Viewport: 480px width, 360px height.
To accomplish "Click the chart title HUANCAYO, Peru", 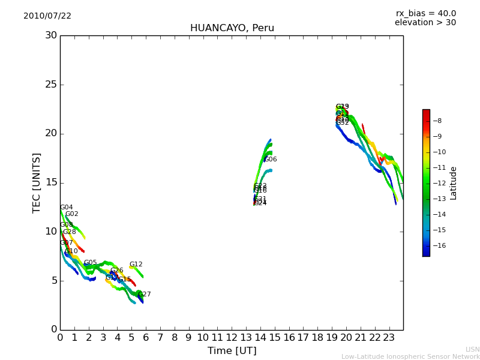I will (232, 28).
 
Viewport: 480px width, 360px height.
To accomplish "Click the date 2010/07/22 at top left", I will (47, 16).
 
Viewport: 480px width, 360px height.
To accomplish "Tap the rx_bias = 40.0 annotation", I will (425, 14).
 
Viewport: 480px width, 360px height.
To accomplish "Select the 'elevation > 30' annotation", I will (425, 23).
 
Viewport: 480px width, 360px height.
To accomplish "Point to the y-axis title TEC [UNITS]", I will (37, 182).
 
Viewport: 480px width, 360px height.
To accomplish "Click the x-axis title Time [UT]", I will (232, 351).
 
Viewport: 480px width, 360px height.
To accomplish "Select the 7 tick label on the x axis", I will (160, 338).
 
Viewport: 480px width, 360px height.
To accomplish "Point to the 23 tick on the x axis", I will (389, 338).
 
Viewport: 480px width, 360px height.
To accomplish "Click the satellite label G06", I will (271, 160).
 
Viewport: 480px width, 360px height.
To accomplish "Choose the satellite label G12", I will (136, 265).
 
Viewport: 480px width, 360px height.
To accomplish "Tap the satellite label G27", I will (145, 295).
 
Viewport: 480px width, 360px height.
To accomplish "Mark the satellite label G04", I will (66, 208).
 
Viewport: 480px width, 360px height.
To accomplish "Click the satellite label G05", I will (90, 263).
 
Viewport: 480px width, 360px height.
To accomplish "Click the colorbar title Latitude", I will (454, 183).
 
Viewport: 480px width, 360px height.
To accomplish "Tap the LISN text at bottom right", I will (472, 349).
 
